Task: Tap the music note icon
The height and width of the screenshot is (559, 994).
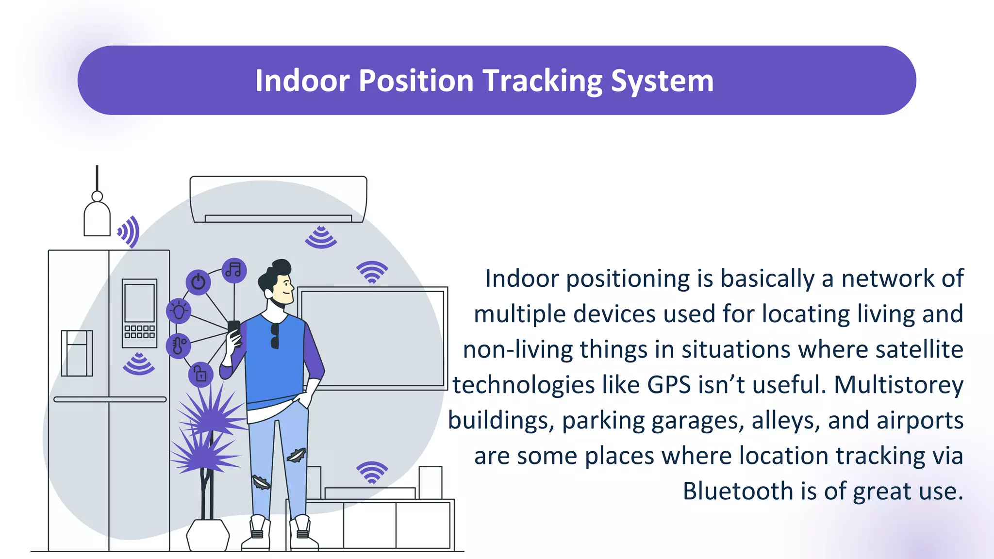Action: tap(234, 270)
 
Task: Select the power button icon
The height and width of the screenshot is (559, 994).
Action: tap(198, 282)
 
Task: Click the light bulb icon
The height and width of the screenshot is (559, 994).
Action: tap(179, 311)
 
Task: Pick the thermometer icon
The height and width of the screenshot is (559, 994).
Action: tap(178, 345)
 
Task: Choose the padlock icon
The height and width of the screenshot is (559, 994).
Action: tap(200, 375)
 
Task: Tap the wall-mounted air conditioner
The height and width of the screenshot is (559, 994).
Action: tap(278, 199)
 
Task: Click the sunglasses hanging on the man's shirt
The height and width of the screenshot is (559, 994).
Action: tap(275, 336)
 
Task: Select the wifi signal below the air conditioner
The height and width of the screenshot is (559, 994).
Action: tap(321, 237)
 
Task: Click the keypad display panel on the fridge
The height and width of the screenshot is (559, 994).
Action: tap(139, 313)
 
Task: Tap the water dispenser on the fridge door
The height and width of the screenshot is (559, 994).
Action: tap(77, 353)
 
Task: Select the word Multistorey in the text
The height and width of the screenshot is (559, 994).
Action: tap(898, 385)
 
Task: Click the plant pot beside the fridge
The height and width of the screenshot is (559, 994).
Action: tap(208, 535)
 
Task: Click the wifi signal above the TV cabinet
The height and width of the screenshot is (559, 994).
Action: tap(372, 472)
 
